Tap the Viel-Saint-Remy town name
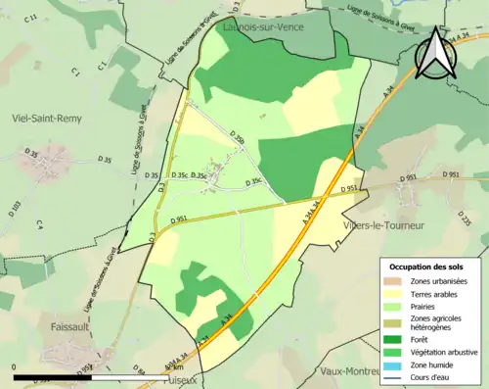coord(46,118)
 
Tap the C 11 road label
coord(32,18)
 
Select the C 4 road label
coord(40,225)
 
